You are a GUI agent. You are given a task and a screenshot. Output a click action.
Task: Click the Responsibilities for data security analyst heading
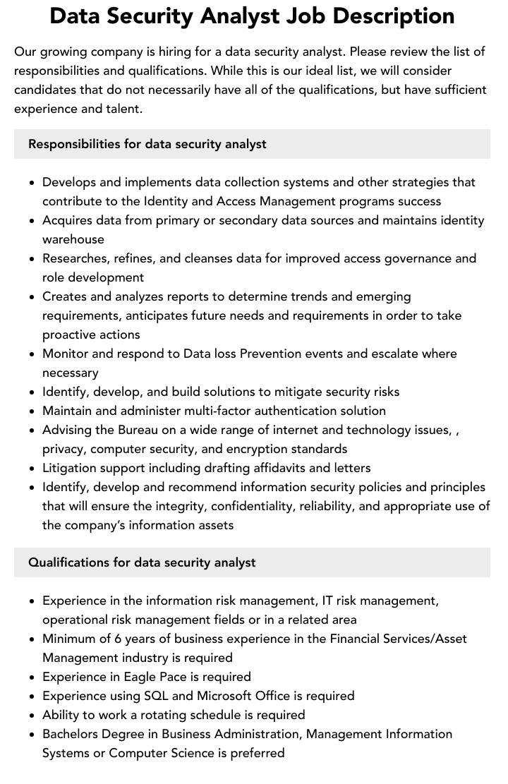tap(147, 144)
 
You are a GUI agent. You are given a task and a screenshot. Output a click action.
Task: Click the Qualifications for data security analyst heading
tap(142, 562)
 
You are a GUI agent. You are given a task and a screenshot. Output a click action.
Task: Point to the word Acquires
tap(68, 220)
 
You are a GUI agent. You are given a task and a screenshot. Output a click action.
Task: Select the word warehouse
tap(73, 239)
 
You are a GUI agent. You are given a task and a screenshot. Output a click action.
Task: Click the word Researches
tap(75, 258)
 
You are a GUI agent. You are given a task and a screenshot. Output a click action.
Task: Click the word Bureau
tap(133, 430)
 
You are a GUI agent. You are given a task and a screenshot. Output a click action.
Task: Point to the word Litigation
tap(71, 468)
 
